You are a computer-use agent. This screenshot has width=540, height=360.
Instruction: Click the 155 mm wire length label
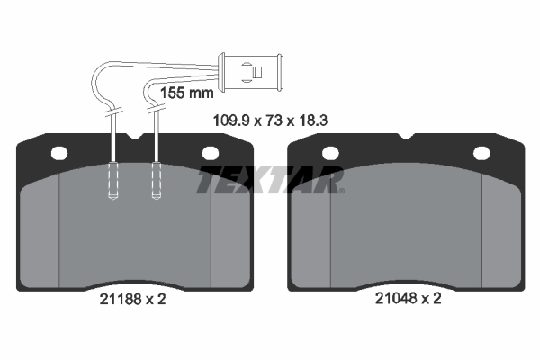click(187, 93)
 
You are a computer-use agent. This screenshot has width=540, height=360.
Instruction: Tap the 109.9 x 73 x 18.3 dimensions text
click(270, 121)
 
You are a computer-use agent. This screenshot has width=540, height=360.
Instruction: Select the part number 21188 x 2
click(132, 299)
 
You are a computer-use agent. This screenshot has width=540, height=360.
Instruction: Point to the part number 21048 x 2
click(408, 298)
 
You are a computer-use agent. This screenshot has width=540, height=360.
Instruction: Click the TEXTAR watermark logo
click(270, 179)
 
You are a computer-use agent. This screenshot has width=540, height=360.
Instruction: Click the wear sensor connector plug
click(251, 72)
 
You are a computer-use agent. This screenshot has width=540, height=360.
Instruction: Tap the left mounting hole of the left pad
click(59, 153)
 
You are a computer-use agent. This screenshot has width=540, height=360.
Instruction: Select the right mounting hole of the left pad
click(210, 153)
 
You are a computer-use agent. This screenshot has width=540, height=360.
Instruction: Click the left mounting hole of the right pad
click(330, 153)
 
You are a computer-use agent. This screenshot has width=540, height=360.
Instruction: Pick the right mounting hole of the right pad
click(481, 153)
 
